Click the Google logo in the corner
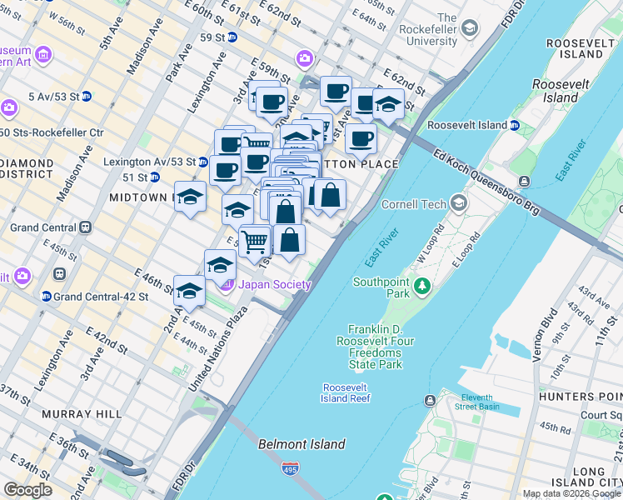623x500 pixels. (x=28, y=490)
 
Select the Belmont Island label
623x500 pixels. (x=302, y=444)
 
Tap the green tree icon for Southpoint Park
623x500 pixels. (x=422, y=287)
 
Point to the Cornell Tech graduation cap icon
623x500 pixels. (x=459, y=203)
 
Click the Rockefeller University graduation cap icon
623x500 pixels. (x=471, y=29)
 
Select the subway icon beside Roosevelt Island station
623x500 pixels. (x=515, y=125)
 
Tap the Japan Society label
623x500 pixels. (x=275, y=285)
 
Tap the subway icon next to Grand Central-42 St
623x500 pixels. (x=47, y=296)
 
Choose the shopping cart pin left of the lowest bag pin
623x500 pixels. (x=255, y=242)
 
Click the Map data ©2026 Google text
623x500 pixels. (x=572, y=493)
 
